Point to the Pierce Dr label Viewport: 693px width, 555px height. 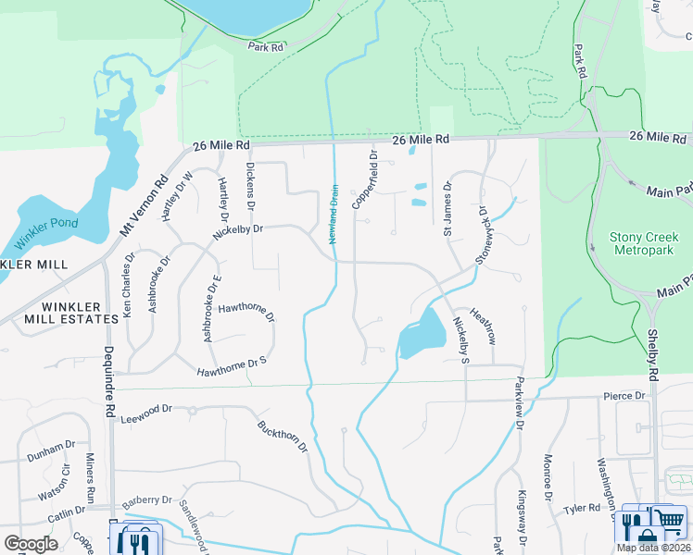pos(624,396)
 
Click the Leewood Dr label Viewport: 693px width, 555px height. pos(146,413)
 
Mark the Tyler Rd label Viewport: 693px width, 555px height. pos(582,508)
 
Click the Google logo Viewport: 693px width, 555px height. pos(31,543)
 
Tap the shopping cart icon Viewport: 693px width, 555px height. pos(669,519)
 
